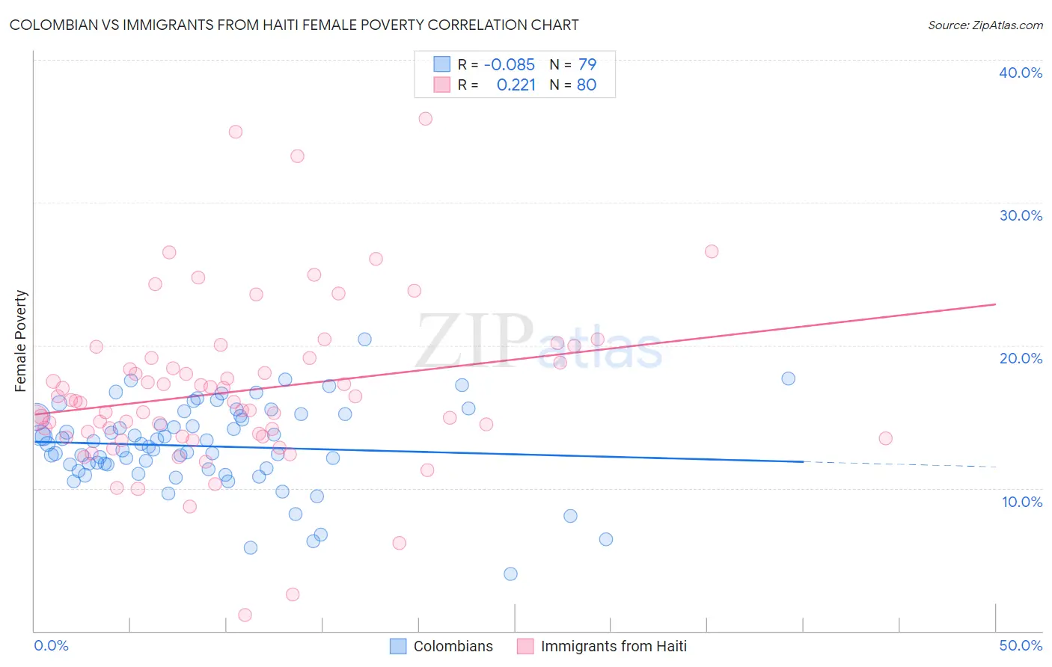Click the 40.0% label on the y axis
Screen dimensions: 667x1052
(1021, 73)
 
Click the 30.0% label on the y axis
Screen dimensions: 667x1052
(1021, 215)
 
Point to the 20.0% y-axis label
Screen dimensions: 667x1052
(1021, 358)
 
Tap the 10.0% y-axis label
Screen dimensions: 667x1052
(1022, 502)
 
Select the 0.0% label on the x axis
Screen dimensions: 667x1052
(51, 645)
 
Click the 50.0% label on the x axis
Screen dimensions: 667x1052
(1021, 645)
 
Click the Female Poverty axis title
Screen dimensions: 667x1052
(21, 341)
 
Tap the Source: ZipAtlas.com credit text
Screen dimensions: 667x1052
(985, 25)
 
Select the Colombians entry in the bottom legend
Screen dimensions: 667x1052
(453, 646)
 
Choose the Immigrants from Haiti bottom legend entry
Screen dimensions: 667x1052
(613, 646)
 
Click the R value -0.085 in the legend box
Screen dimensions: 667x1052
(509, 64)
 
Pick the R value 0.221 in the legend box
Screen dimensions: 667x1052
(516, 85)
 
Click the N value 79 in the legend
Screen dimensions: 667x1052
(587, 64)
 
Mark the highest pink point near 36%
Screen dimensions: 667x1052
(426, 118)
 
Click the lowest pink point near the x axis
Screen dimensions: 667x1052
(245, 615)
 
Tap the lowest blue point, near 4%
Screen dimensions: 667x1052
(510, 574)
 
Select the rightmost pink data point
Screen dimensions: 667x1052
(885, 438)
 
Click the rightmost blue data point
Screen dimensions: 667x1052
(788, 378)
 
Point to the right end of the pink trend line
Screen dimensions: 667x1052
(995, 304)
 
